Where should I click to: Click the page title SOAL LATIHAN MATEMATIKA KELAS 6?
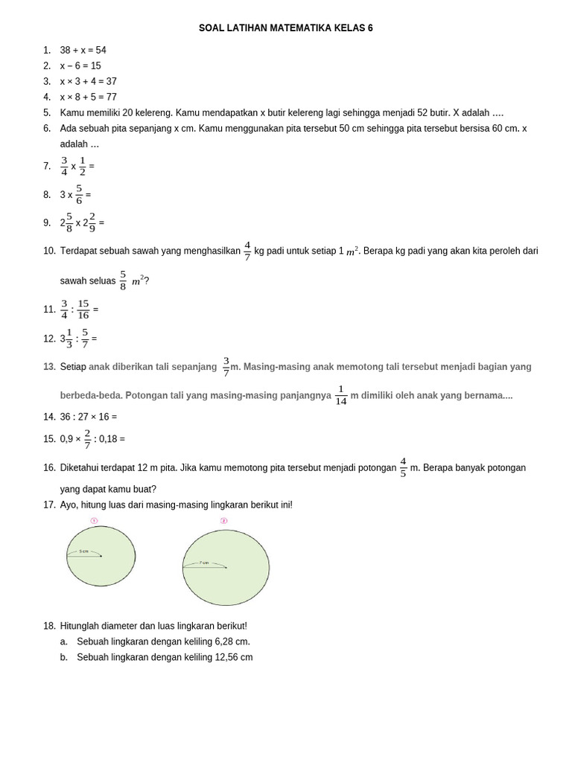tap(285, 28)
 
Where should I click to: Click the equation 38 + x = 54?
tap(83, 50)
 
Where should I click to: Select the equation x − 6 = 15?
tap(80, 65)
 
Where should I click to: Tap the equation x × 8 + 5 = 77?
tap(88, 97)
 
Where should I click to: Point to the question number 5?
tap(46, 112)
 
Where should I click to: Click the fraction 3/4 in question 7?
tap(64, 166)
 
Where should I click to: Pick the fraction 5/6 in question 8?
tap(79, 194)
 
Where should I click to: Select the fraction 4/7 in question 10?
tap(247, 251)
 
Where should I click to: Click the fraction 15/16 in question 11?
tap(83, 309)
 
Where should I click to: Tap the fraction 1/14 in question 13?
tap(341, 395)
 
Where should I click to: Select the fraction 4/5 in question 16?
tap(403, 467)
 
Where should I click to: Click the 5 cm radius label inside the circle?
tap(83, 551)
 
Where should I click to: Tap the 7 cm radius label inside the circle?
tap(203, 563)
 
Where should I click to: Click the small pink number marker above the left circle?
tap(94, 521)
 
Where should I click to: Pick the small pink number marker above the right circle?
tap(223, 521)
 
